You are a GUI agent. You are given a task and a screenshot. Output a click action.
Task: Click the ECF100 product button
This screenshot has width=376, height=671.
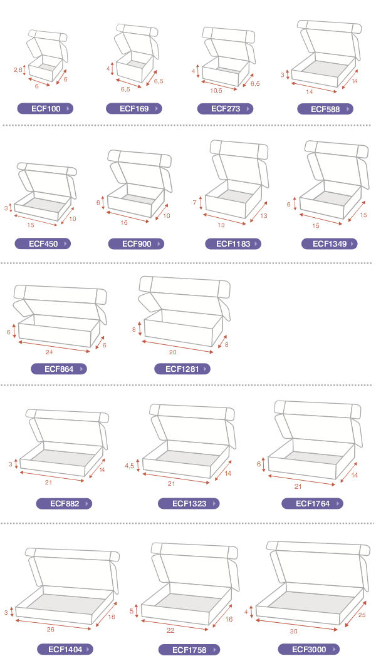[x=45, y=109]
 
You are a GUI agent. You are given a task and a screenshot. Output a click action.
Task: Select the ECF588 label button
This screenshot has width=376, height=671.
[x=325, y=109]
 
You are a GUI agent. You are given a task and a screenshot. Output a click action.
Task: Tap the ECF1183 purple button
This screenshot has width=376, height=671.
[x=233, y=244]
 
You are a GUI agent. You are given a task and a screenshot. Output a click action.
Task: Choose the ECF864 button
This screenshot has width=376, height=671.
[x=59, y=369]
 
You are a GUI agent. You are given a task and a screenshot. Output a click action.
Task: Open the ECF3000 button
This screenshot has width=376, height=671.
[x=309, y=649]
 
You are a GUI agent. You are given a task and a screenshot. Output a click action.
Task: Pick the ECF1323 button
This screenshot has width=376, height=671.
[x=189, y=504]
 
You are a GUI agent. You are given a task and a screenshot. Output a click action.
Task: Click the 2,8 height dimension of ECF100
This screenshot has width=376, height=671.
[x=18, y=69]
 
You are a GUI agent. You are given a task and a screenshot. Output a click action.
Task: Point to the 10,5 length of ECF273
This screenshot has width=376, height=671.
[x=216, y=91]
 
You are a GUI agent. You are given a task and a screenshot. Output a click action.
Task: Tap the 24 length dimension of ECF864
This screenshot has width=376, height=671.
[x=50, y=352]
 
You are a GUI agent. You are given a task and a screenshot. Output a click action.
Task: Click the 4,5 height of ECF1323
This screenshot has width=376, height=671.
[x=129, y=466]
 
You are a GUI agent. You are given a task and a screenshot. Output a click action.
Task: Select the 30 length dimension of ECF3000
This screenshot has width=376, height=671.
[x=294, y=631]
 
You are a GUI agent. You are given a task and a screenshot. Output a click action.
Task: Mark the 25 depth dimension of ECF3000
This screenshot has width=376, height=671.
[x=362, y=615]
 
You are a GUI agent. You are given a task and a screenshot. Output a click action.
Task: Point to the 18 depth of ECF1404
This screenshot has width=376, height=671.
[x=112, y=617]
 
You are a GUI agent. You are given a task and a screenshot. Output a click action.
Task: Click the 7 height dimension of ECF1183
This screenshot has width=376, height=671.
[x=195, y=202]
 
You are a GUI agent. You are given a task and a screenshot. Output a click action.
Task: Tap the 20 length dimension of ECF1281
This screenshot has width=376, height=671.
[x=172, y=352]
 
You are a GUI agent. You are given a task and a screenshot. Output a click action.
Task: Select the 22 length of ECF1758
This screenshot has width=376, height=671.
[x=170, y=630]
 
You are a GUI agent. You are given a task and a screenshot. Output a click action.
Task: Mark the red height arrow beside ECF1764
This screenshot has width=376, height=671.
[x=264, y=464]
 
